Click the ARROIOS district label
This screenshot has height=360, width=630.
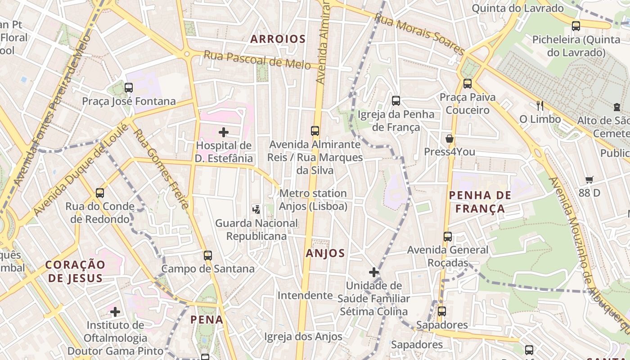click(278, 39)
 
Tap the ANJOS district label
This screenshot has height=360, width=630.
click(325, 253)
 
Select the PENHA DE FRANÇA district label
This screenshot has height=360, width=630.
click(480, 202)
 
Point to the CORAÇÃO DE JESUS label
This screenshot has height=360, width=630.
click(76, 271)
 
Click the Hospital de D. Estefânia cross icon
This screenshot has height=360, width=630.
click(224, 132)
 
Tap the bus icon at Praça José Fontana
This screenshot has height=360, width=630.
click(129, 88)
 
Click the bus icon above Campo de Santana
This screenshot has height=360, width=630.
click(207, 256)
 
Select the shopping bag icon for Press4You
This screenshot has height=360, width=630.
click(449, 139)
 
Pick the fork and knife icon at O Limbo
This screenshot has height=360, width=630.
click(540, 106)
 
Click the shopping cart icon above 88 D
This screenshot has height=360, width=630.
click(589, 180)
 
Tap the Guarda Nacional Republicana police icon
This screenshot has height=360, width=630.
click(256, 209)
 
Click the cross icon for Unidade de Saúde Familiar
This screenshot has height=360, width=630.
click(373, 272)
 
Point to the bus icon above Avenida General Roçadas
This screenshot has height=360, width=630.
click(447, 237)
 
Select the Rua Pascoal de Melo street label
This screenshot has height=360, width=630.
click(257, 60)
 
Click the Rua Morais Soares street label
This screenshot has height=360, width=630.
click(419, 34)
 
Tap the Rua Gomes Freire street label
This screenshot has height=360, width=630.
click(161, 169)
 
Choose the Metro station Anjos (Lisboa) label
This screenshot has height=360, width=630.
click(313, 200)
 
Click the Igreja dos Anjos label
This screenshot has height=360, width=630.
click(303, 337)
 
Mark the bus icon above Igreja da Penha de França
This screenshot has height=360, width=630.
click(396, 101)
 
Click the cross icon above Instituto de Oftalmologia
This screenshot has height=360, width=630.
click(115, 311)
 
